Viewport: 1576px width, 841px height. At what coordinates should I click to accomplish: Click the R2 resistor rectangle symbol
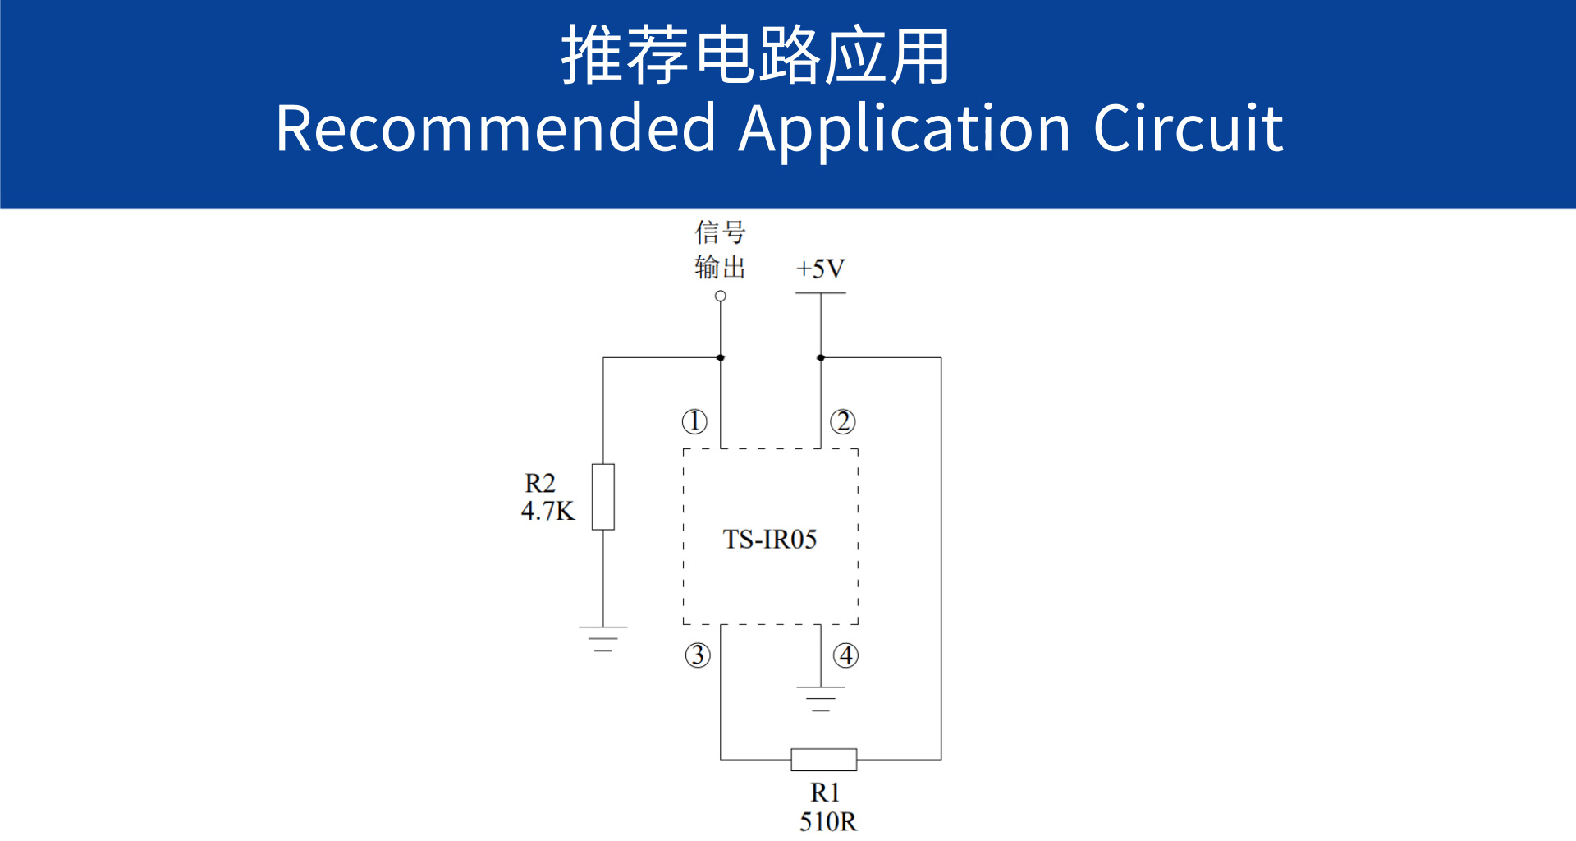[603, 497]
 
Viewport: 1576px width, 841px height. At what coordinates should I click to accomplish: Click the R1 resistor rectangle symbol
[823, 760]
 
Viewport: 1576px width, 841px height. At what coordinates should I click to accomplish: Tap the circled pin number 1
[694, 421]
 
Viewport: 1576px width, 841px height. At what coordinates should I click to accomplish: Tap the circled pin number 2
[843, 421]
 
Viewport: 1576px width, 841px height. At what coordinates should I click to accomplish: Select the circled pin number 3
[698, 655]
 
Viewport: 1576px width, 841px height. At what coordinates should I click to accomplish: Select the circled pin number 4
[845, 655]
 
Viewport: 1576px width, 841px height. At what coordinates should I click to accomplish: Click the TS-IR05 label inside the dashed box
[770, 540]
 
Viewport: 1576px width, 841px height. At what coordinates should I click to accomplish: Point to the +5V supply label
[820, 269]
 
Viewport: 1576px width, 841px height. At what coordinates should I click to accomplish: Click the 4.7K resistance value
[547, 512]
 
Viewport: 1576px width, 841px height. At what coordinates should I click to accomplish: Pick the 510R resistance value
[828, 821]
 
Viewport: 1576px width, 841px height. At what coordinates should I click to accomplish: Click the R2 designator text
[540, 483]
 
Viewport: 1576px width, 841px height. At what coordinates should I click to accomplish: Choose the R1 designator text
[825, 793]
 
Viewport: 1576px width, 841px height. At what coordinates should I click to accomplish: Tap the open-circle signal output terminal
[721, 296]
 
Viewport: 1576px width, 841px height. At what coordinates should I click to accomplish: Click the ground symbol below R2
[603, 638]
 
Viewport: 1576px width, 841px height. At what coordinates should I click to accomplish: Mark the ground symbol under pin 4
[820, 698]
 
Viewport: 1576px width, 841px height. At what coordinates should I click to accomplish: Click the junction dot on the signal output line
[721, 357]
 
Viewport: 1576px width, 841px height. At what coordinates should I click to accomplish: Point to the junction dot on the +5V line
[821, 357]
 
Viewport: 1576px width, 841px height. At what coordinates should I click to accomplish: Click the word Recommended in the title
[496, 129]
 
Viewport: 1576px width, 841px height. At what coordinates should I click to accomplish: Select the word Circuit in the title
[1188, 129]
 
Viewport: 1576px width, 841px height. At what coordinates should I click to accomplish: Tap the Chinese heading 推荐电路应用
[755, 56]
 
